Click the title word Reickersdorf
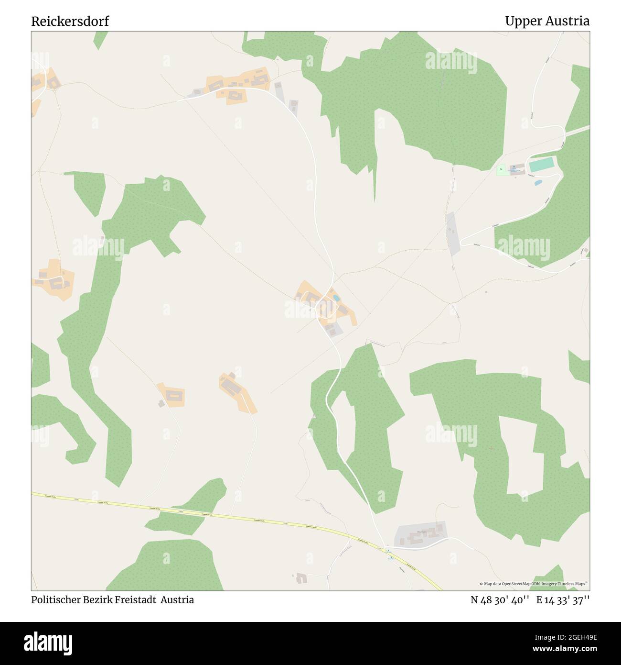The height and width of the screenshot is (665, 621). click(70, 21)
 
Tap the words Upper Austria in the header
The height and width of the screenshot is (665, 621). click(547, 21)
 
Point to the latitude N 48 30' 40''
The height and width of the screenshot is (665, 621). click(500, 600)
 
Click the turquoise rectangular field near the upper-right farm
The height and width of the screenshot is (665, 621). click(542, 166)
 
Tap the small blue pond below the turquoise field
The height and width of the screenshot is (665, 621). click(538, 182)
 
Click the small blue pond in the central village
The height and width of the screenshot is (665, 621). click(336, 298)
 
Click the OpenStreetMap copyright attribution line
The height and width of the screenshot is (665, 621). click(534, 584)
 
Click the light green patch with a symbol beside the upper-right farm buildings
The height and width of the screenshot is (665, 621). click(501, 169)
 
